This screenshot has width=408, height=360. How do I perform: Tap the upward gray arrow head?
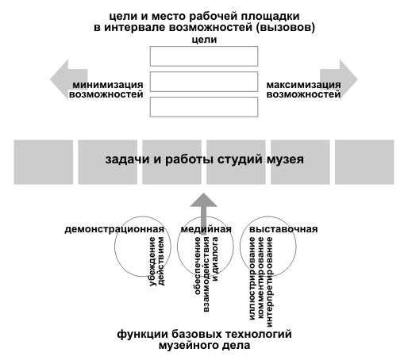pos(203,200)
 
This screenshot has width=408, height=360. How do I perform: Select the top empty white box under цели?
pos(204,56)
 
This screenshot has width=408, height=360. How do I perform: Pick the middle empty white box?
pos(204,82)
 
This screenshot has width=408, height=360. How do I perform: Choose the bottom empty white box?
pos(204,107)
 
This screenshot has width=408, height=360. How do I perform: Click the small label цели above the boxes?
pos(204,40)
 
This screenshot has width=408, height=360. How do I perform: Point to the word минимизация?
pos(108,85)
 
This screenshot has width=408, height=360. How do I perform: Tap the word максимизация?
pos(303,85)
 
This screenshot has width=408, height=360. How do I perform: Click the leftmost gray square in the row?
pos(44,162)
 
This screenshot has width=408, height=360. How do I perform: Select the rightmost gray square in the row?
pos(364,162)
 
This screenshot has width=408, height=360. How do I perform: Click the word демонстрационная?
pos(114,229)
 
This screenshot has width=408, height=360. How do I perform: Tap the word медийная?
pos(206,229)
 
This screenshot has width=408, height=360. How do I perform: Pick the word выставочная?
pos(283,229)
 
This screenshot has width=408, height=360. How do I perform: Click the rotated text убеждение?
pos(152,262)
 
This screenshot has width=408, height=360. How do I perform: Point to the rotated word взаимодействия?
pos(206,274)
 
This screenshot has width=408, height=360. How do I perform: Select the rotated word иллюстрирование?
pos(252,278)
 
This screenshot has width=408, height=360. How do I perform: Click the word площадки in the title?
pos(270,17)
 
